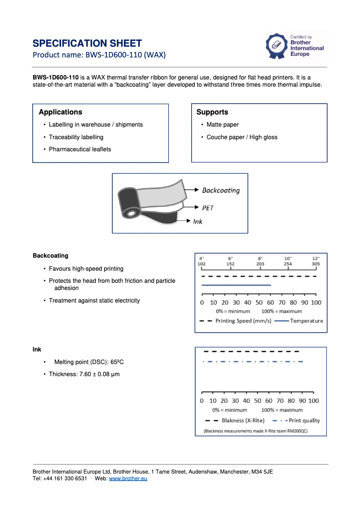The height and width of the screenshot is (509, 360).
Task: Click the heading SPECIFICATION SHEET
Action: [87, 44]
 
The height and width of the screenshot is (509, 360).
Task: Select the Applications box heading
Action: [60, 112]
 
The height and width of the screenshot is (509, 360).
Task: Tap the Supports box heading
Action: [212, 112]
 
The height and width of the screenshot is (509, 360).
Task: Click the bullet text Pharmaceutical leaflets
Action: [80, 149]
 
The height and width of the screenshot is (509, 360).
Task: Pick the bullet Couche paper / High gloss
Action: [242, 137]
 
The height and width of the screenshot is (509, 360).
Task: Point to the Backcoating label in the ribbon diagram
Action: [221, 190]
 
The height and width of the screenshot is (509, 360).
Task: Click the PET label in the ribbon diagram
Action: [208, 208]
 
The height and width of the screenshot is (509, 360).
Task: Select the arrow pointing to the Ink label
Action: [183, 221]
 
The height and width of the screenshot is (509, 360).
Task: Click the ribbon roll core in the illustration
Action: [131, 213]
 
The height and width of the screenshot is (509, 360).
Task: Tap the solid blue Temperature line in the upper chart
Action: [236, 285]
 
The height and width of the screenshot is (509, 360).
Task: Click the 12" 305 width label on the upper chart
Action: [316, 262]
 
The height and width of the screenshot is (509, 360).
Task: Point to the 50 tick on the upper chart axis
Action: [259, 303]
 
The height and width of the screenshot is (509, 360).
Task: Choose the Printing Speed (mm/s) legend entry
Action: [243, 321]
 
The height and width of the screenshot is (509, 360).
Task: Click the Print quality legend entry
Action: [304, 421]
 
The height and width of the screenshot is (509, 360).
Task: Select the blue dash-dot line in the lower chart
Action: [253, 362]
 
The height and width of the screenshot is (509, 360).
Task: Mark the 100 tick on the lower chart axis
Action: [313, 400]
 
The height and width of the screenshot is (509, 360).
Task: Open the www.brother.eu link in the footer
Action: [128, 478]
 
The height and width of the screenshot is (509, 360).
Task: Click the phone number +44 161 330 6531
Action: [65, 478]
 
